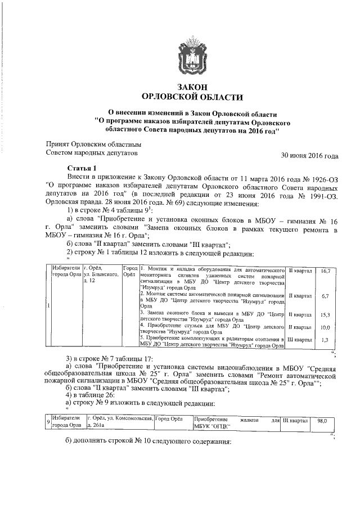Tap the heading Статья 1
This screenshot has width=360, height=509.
point(82,168)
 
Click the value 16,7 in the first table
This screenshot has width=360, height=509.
point(325,271)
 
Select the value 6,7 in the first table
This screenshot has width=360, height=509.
point(325,295)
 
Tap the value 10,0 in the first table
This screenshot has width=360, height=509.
point(325,327)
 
